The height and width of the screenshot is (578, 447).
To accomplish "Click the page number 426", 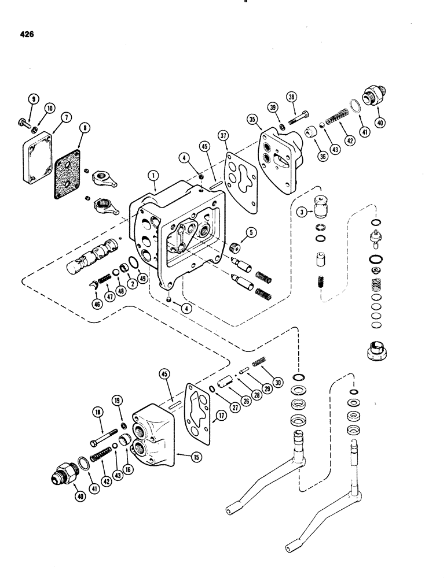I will click(25, 35).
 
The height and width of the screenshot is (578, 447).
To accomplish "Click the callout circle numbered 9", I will click(34, 100).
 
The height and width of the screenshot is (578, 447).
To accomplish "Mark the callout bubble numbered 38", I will click(291, 98).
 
